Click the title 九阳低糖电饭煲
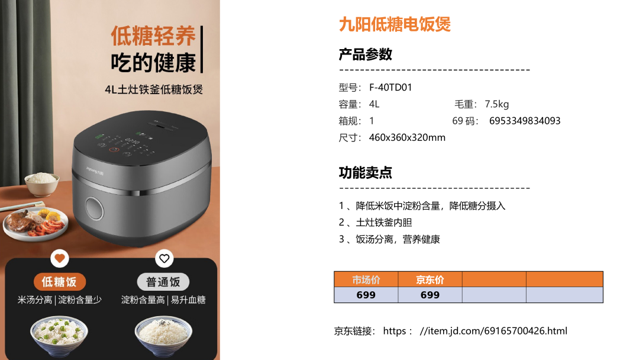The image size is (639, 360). (x=395, y=24)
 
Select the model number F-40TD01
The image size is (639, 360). (x=390, y=88)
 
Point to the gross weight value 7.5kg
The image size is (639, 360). (x=497, y=104)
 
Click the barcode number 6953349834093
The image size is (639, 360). (x=525, y=121)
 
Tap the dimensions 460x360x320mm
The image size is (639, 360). (x=407, y=138)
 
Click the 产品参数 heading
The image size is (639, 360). (x=365, y=54)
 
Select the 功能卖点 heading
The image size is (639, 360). (x=365, y=173)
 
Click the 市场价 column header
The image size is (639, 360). (x=366, y=279)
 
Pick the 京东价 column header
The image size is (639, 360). (x=430, y=279)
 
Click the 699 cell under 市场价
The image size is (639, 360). (x=366, y=295)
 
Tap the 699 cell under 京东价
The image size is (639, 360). (x=430, y=295)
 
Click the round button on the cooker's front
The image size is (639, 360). (x=95, y=209)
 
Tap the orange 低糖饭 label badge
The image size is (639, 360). (x=60, y=282)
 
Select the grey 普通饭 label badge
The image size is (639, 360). (x=163, y=282)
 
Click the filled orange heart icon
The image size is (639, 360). (x=60, y=258)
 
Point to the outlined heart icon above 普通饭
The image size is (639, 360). (x=164, y=258)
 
